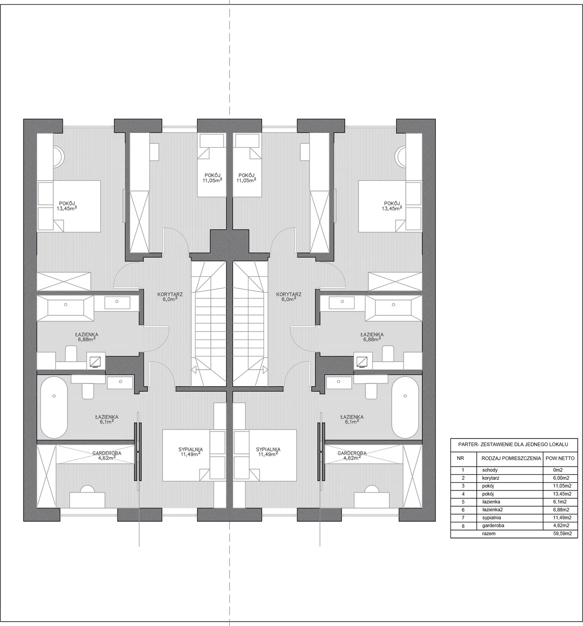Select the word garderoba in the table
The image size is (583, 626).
tap(493, 525)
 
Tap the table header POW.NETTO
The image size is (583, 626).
tap(560, 458)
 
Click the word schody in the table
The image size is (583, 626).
tap(490, 470)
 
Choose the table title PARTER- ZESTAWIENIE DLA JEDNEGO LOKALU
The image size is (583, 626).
tap(513, 445)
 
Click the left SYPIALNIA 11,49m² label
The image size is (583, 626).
tap(190, 452)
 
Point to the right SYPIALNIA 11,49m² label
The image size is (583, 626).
tap(268, 452)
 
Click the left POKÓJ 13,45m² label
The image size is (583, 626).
tap(67, 205)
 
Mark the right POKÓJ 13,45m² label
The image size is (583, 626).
tap(392, 205)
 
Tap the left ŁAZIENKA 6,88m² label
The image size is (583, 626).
tap(87, 336)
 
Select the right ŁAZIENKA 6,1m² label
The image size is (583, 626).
tap(352, 419)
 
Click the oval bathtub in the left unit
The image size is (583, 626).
tap(54, 407)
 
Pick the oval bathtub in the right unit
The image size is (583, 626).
tap(405, 407)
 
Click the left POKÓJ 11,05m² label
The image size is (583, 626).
tap(212, 178)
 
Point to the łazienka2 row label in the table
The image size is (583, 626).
tap(493, 510)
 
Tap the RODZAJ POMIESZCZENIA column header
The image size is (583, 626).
tap(511, 458)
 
